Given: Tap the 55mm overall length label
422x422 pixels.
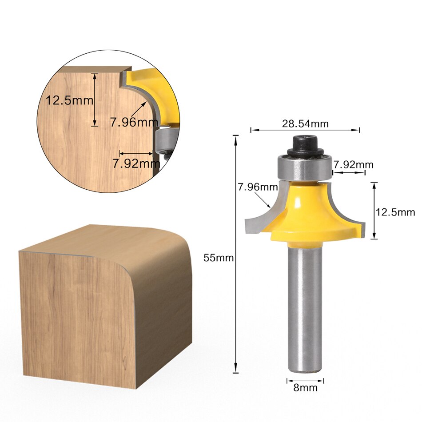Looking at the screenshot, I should tap(218, 258).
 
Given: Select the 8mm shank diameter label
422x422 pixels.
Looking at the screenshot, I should tap(306, 387).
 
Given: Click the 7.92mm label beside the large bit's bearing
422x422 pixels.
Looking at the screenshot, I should tap(354, 164).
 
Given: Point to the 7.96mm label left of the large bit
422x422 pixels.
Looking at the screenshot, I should tap(257, 187).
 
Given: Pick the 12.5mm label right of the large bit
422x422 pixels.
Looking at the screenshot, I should tap(395, 212).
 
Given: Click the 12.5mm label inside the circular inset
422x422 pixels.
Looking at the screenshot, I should tap(70, 100).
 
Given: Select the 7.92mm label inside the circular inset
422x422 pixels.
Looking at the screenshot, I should tap(136, 163).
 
